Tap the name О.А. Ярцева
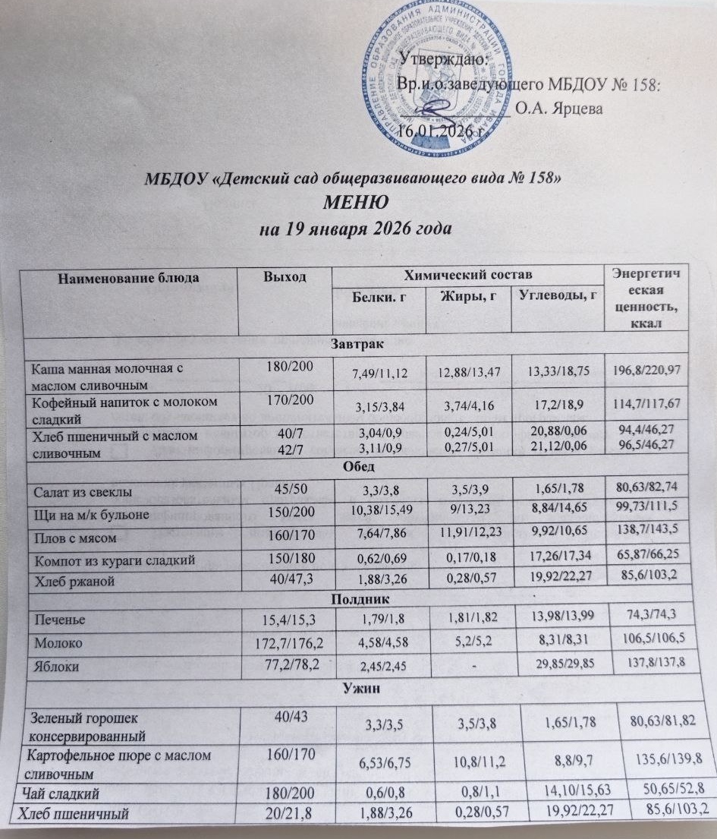[560, 109]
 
